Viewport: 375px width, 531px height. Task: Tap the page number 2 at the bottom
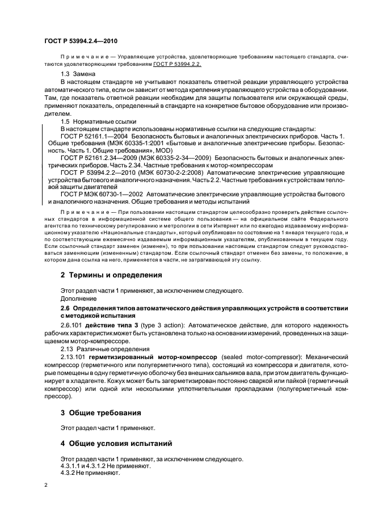pos(46,486)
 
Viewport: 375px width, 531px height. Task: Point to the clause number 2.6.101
pos(72,326)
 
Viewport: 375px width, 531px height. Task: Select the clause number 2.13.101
pos(74,357)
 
